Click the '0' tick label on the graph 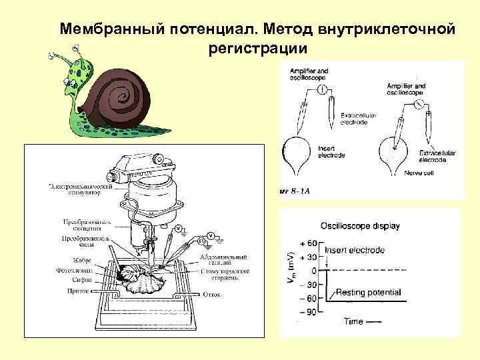(313, 270)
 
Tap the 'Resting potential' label (368, 292)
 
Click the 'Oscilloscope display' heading (360, 226)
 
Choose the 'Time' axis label (354, 321)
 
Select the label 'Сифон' (75, 281)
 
